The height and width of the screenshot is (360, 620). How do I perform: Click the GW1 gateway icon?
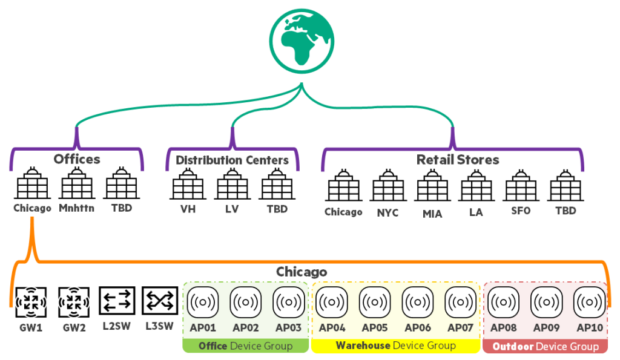tap(31, 301)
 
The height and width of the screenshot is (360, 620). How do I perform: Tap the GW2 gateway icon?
tap(74, 301)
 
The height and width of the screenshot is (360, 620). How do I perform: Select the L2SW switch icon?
tap(116, 301)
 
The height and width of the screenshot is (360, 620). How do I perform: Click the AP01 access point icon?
tap(203, 301)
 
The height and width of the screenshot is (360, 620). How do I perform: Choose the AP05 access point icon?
tap(375, 301)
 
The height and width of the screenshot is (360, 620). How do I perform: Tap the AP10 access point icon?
tap(589, 301)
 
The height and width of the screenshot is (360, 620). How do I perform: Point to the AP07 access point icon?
tap(460, 301)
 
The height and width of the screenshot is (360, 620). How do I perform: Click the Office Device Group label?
tap(246, 346)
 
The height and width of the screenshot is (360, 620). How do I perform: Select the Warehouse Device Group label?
tap(395, 345)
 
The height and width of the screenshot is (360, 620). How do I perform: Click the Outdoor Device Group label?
tap(546, 346)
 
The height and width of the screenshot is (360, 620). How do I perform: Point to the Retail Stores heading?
tap(458, 160)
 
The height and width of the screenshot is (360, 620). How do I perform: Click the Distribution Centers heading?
tap(232, 160)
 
